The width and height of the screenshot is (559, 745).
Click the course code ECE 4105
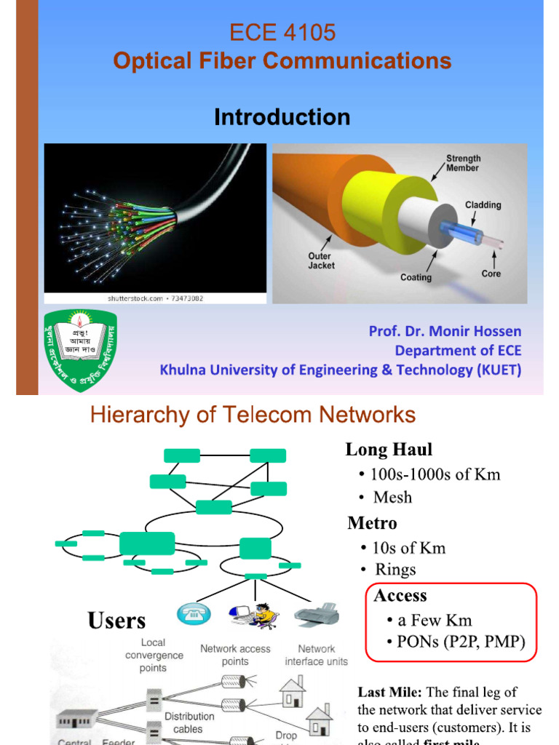coord(282,33)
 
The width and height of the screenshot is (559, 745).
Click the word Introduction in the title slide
coord(282,117)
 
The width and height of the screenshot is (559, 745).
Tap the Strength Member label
coord(462,163)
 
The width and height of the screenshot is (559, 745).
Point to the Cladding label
coord(483,205)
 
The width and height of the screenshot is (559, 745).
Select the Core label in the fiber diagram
coord(491,274)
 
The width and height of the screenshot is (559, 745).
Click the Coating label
coord(416,277)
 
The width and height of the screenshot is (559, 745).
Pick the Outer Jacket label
coord(321,260)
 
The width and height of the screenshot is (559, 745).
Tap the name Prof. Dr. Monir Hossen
coord(445,331)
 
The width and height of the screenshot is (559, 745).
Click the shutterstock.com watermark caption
coord(155,298)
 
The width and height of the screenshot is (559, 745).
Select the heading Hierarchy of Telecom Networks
coord(253,415)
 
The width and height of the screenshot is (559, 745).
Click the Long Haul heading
coord(389,450)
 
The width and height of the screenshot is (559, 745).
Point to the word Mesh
coord(392,498)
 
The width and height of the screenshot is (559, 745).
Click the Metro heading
coord(372,523)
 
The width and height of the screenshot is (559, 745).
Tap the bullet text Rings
coord(395,569)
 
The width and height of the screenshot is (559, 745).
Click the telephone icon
coord(193,613)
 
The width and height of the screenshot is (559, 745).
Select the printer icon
coord(317,615)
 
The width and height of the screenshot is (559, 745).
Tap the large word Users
coord(116,621)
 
